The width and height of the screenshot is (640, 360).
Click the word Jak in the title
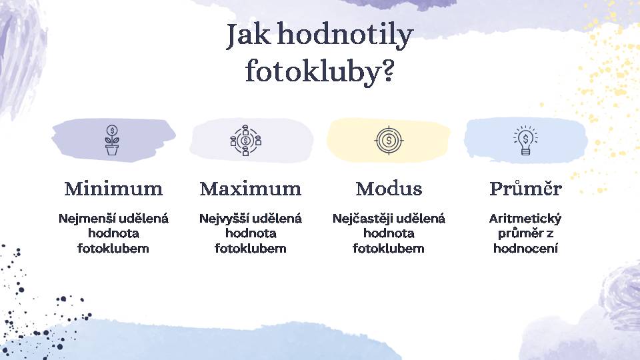point(249,35)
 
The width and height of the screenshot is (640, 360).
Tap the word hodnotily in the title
point(346,36)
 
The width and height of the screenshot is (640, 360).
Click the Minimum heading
point(113,189)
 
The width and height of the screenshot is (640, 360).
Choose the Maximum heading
point(251,189)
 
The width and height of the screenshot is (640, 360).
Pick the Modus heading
point(389,189)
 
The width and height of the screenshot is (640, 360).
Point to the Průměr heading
point(526,188)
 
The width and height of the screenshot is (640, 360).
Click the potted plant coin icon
point(112,140)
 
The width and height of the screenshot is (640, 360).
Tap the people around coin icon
point(245,141)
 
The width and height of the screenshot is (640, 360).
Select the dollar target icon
point(389,141)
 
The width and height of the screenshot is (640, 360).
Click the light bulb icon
point(526,140)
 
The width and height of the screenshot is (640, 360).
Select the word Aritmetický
point(525,219)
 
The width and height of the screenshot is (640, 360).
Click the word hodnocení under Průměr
point(526,248)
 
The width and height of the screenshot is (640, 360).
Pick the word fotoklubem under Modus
point(389,248)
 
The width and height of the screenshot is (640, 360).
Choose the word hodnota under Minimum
point(113,233)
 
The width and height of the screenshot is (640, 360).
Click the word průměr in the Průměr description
point(520,234)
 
